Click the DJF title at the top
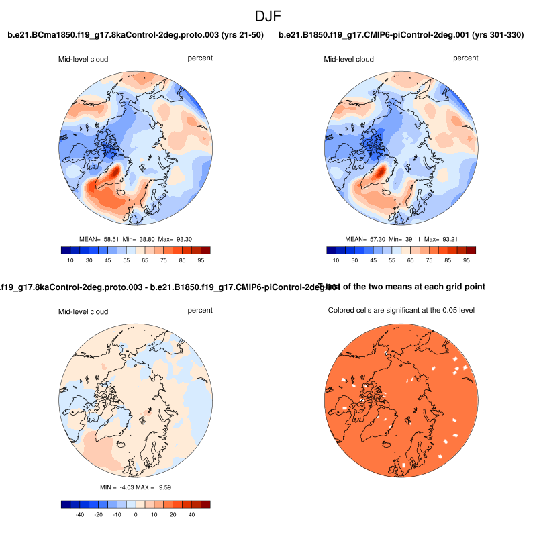pyautogui.click(x=268, y=15)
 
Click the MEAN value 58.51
pyautogui.click(x=111, y=239)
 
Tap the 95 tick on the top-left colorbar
pyautogui.click(x=201, y=260)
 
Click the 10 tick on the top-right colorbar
pyautogui.click(x=336, y=260)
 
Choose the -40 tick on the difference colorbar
pyautogui.click(x=79, y=514)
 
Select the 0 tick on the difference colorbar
pyautogui.click(x=136, y=514)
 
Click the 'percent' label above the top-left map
pyautogui.click(x=200, y=58)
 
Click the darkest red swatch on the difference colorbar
pyautogui.click(x=205, y=504)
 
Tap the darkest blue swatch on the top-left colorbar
pyautogui.click(x=65, y=250)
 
